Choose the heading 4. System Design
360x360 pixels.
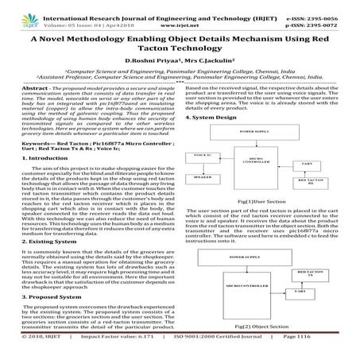pos(210,118)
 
